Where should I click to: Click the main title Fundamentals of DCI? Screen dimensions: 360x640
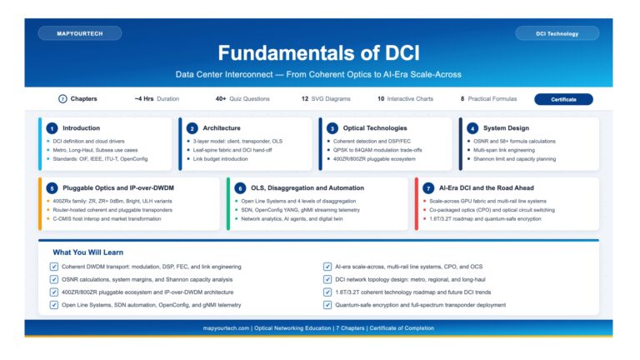(x=319, y=53)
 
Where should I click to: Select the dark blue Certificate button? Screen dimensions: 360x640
(x=563, y=99)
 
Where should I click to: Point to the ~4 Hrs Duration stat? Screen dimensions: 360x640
(x=157, y=99)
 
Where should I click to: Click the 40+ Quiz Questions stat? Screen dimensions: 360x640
(x=242, y=99)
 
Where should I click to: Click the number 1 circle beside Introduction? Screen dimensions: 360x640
(x=52, y=128)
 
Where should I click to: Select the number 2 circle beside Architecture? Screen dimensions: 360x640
(x=192, y=128)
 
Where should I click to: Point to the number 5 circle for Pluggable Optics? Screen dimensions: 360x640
(x=52, y=188)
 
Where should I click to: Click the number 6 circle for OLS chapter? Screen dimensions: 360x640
(x=240, y=188)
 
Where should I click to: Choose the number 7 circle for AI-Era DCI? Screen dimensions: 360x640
(x=428, y=188)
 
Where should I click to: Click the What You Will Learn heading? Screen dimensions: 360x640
(x=90, y=252)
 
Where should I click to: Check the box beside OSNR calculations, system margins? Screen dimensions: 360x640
(x=54, y=279)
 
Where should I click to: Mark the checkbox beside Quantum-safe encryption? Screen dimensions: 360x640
(x=327, y=305)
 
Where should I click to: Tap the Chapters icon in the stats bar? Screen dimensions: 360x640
(x=62, y=99)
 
